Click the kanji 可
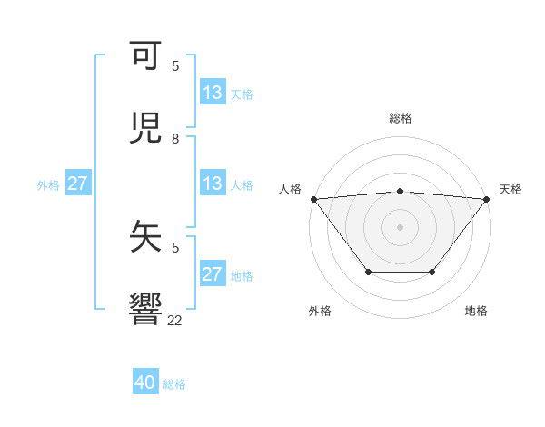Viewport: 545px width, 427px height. [147, 57]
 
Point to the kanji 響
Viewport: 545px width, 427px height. [147, 307]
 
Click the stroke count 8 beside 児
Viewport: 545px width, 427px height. [175, 139]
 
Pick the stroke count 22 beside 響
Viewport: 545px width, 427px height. [175, 320]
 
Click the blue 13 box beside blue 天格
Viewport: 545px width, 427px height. [213, 93]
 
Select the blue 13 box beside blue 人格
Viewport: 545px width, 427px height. [213, 184]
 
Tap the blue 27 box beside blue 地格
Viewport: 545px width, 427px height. [213, 274]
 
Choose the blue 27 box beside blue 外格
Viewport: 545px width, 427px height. [78, 184]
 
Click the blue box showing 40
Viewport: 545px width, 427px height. [145, 382]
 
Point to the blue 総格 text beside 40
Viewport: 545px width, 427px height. [175, 384]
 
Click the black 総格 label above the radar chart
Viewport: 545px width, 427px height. [400, 118]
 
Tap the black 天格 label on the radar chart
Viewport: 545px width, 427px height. [510, 189]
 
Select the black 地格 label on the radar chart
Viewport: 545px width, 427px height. [476, 311]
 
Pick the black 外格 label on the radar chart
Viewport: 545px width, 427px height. [320, 311]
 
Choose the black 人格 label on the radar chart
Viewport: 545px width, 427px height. [290, 189]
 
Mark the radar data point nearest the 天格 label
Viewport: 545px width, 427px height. [487, 199]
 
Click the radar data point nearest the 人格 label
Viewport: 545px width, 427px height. [313, 199]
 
